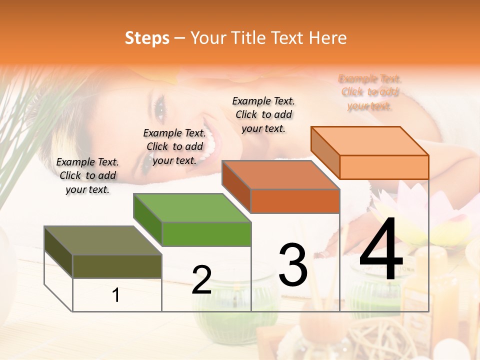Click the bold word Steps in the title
tap(147, 38)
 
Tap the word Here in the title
tap(327, 38)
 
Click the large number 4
tap(381, 250)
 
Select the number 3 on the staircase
tap(293, 264)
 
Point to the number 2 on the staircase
tap(201, 280)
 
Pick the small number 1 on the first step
tap(116, 295)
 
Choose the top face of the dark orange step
tap(280, 175)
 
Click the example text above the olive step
tap(87, 176)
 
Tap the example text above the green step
tap(174, 147)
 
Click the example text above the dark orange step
tap(263, 114)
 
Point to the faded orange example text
tap(370, 92)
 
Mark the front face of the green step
tap(206, 234)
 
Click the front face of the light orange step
tap(384, 167)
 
